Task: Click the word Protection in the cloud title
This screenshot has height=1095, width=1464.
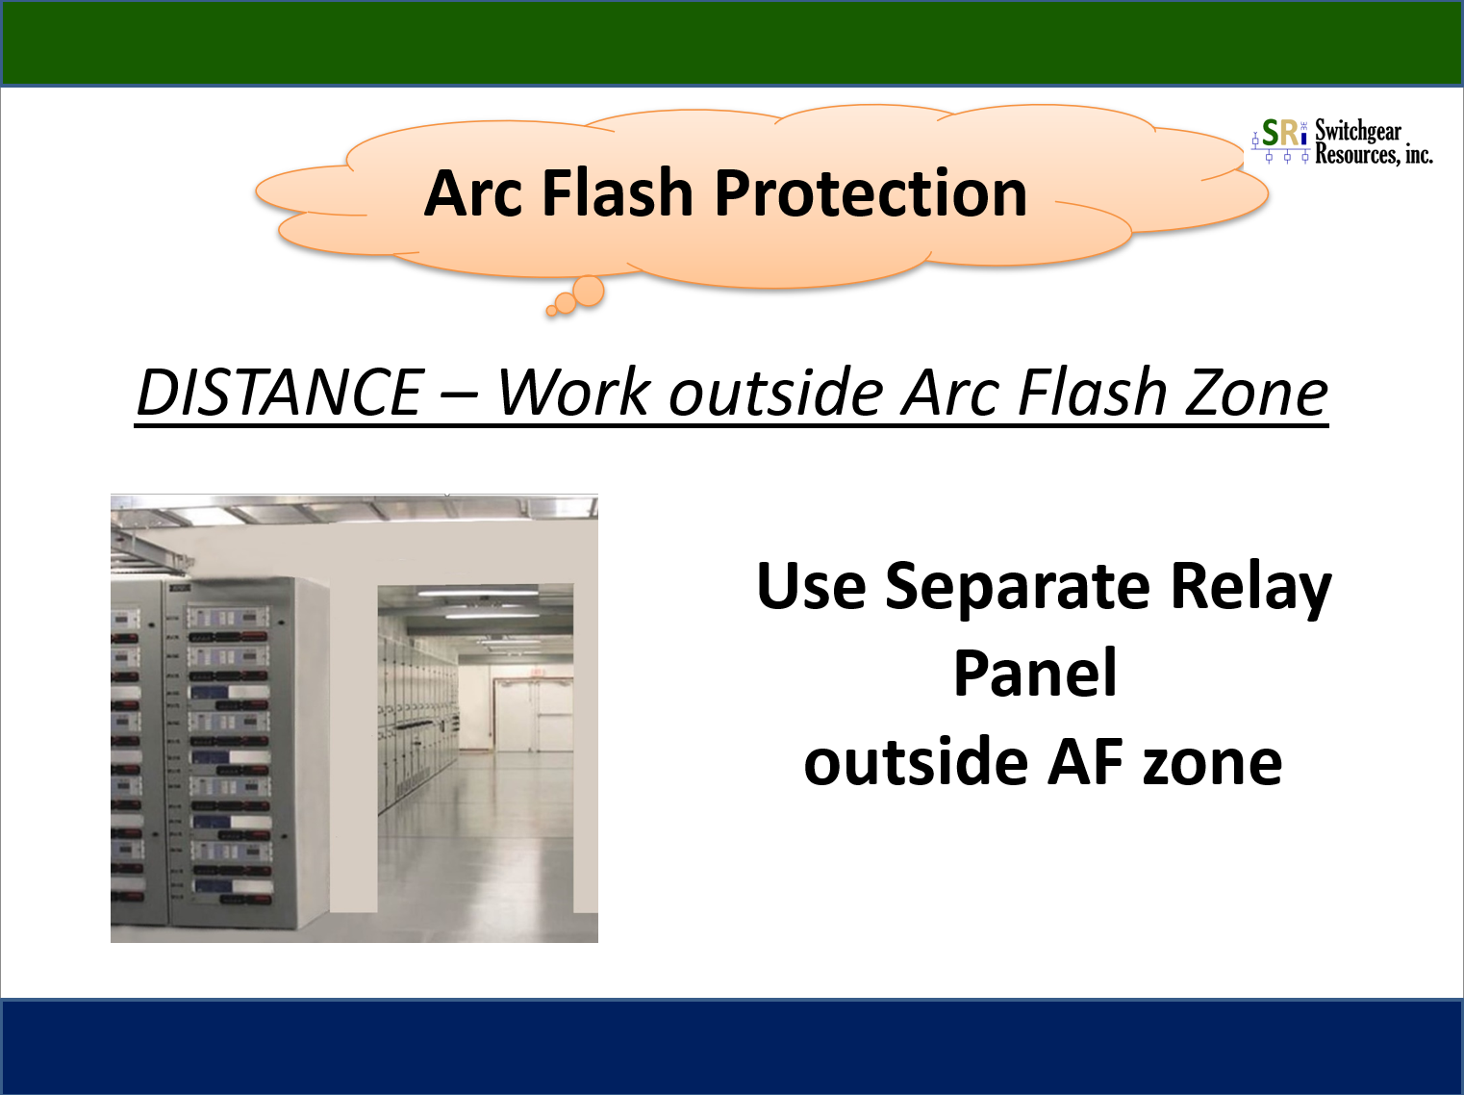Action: coord(871,194)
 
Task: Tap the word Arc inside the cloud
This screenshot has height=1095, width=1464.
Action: coord(473,192)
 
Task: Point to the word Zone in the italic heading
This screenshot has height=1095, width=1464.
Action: coord(1256,393)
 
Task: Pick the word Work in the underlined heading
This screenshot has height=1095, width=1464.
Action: coord(573,393)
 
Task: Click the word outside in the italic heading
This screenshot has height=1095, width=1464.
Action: coord(776,393)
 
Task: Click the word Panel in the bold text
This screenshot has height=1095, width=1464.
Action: coord(1035,673)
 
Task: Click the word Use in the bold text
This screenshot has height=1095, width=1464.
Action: coord(811,587)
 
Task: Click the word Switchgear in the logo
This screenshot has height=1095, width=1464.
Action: coord(1358,132)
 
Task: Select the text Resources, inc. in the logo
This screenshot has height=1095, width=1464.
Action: coord(1374,154)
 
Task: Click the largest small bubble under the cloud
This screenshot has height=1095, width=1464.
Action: coord(589,292)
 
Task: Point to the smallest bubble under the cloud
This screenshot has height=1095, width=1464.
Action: coord(551,310)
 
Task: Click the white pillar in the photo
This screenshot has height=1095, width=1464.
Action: coord(353,721)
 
